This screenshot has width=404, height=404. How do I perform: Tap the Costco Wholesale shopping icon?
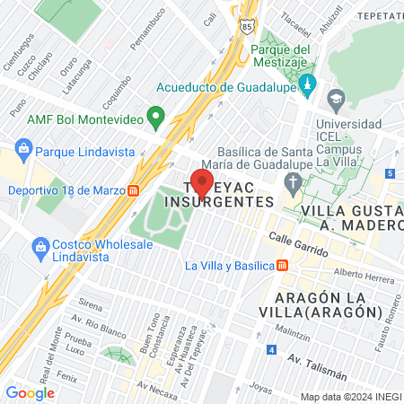[40, 246]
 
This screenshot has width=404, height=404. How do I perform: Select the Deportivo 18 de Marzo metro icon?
[133, 190]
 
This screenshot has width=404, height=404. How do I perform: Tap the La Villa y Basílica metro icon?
[282, 265]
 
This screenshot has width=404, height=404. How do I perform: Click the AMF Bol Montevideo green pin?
[155, 117]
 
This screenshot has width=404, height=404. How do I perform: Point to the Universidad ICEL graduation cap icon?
[337, 97]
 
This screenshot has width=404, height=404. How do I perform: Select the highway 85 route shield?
[248, 28]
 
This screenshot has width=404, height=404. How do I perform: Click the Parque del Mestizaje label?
[280, 55]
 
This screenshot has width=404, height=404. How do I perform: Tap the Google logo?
[30, 392]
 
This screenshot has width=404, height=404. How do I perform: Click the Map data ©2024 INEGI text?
[349, 397]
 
